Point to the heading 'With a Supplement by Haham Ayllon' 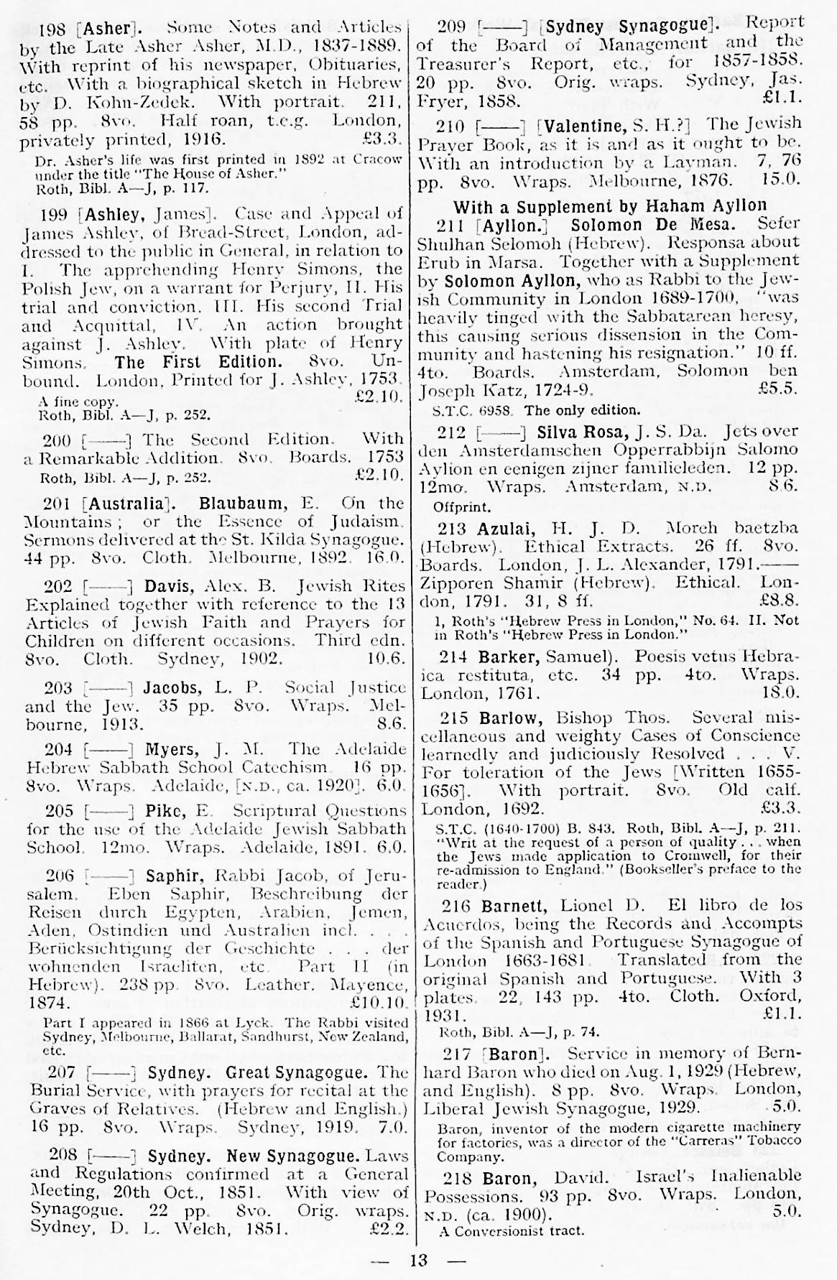click(x=610, y=206)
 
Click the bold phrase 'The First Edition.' click(x=198, y=361)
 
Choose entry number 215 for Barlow click(x=456, y=718)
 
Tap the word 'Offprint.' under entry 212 click(x=461, y=506)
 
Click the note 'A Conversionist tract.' click(x=511, y=1230)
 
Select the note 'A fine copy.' click(x=78, y=402)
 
